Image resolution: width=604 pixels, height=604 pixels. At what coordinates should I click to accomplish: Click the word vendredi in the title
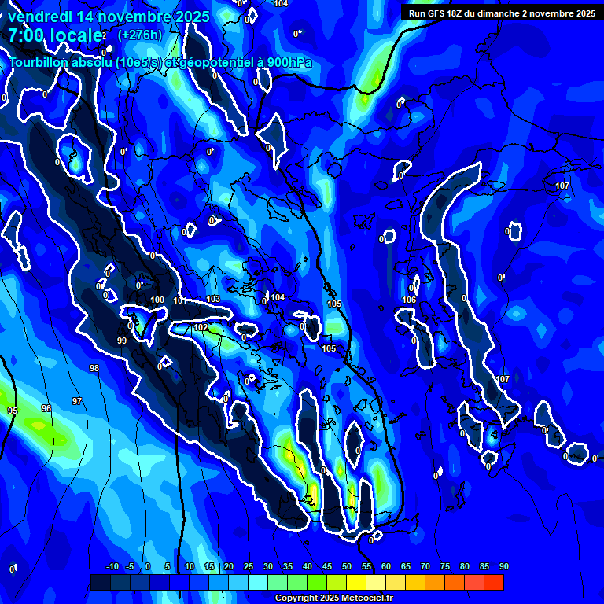(44, 17)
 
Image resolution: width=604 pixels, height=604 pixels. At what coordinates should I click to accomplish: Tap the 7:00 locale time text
(55, 35)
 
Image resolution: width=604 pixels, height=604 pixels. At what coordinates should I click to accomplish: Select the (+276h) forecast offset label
(140, 35)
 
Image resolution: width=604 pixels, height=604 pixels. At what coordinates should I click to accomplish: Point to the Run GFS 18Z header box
(502, 13)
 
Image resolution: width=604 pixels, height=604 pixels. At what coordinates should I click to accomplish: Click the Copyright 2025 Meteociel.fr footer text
(333, 598)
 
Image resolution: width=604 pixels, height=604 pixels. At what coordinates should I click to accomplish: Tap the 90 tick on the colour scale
(503, 566)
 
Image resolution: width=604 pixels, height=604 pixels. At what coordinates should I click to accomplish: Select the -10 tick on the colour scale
(112, 566)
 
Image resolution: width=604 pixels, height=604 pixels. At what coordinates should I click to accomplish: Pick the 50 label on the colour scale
(347, 566)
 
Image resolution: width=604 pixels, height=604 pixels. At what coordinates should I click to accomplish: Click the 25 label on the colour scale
(249, 566)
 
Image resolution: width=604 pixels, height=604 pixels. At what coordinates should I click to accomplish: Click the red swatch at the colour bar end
(493, 582)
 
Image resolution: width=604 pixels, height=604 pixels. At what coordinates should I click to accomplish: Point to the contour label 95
(13, 411)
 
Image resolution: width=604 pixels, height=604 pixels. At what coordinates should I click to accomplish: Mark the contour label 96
(46, 408)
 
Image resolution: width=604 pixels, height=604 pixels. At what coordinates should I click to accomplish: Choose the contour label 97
(77, 402)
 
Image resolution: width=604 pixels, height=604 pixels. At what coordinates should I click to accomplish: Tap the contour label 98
(94, 368)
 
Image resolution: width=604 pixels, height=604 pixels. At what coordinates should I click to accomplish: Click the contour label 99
(122, 341)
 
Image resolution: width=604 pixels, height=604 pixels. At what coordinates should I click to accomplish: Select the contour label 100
(157, 300)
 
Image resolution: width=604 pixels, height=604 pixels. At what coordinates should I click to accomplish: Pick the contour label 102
(201, 327)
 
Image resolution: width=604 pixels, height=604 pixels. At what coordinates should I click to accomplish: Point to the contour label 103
(214, 300)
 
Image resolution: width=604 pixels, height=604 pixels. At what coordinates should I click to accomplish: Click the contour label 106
(409, 300)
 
